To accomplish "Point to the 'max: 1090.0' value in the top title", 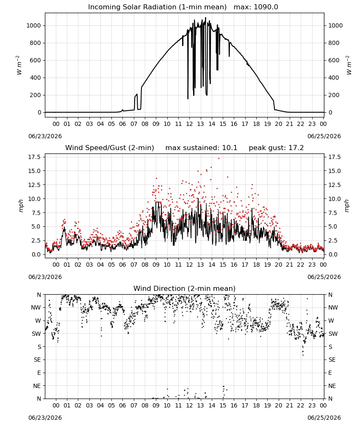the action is [x=256, y=7].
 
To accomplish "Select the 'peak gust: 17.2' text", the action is [x=276, y=148].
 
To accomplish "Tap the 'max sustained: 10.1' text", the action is [x=201, y=148].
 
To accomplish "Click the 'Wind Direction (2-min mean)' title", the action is [x=185, y=288].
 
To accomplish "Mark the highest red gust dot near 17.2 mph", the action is [x=219, y=158].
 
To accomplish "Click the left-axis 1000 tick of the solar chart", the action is [x=33, y=26].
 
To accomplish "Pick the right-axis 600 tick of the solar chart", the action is [x=334, y=60].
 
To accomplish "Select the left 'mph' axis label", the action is [x=21, y=206].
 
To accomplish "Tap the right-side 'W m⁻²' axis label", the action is [x=349, y=65].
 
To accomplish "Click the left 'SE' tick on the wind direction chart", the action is [x=37, y=360].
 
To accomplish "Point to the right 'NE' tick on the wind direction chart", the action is [x=332, y=386].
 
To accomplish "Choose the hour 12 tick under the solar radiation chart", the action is [x=189, y=124].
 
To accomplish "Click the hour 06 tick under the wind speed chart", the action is [x=122, y=265].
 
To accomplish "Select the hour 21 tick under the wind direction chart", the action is [x=290, y=405].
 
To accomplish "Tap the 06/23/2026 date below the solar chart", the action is [x=45, y=136].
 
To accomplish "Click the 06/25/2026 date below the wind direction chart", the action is [x=324, y=418].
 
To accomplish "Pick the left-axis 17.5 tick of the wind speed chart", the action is [x=35, y=157].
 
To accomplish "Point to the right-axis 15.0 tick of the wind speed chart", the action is [x=334, y=171].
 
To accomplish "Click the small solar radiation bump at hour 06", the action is [x=122, y=110].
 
